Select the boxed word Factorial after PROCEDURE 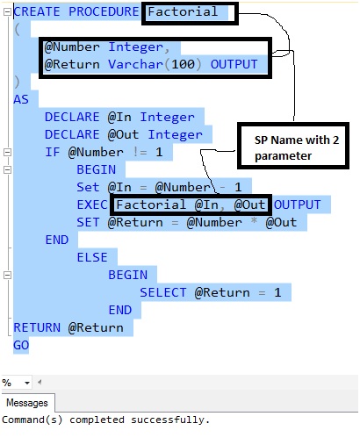click(x=183, y=11)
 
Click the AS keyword click(x=21, y=99)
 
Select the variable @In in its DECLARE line click(x=118, y=117)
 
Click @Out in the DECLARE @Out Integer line click(x=122, y=134)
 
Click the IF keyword click(x=53, y=152)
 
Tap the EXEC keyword click(x=92, y=205)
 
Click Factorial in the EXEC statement click(x=151, y=205)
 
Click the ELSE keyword click(x=92, y=257)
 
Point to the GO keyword click(x=21, y=345)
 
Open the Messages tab click(x=27, y=403)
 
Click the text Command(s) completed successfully click(x=106, y=420)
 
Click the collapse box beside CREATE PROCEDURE click(x=7, y=11)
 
